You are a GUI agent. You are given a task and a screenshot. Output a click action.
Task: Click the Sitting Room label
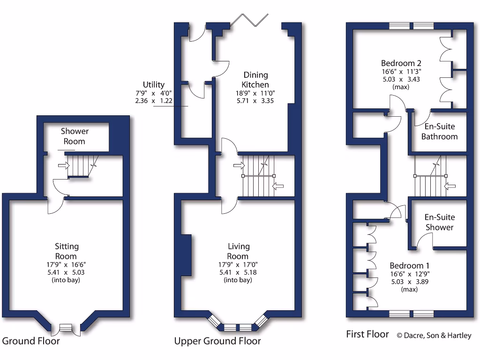pyautogui.click(x=67, y=251)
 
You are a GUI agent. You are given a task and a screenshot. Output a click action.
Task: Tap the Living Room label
pyautogui.click(x=238, y=251)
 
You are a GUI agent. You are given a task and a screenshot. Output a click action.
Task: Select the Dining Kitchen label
pyautogui.click(x=255, y=80)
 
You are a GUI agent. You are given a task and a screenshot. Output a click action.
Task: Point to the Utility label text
pyautogui.click(x=154, y=85)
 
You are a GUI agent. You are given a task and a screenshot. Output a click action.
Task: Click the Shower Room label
pyautogui.click(x=75, y=136)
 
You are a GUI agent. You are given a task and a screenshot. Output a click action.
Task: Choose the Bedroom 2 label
pyautogui.click(x=401, y=63)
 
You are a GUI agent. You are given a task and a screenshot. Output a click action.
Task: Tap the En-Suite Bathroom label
pyautogui.click(x=439, y=132)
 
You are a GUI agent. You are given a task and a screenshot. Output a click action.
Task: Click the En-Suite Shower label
pyautogui.click(x=439, y=222)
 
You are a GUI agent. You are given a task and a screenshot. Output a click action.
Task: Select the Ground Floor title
pyautogui.click(x=31, y=341)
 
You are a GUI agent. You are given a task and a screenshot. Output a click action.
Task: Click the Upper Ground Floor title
pyautogui.click(x=217, y=341)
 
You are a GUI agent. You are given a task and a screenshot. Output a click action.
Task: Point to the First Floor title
pyautogui.click(x=367, y=334)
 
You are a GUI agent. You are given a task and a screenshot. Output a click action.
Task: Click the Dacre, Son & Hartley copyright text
pyautogui.click(x=434, y=336)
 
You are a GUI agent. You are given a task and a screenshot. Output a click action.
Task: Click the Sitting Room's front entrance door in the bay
pyautogui.click(x=66, y=329)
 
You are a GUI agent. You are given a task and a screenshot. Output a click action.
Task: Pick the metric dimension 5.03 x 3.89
pyautogui.click(x=409, y=282)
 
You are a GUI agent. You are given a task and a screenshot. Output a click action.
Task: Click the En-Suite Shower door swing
pyautogui.click(x=425, y=240)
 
